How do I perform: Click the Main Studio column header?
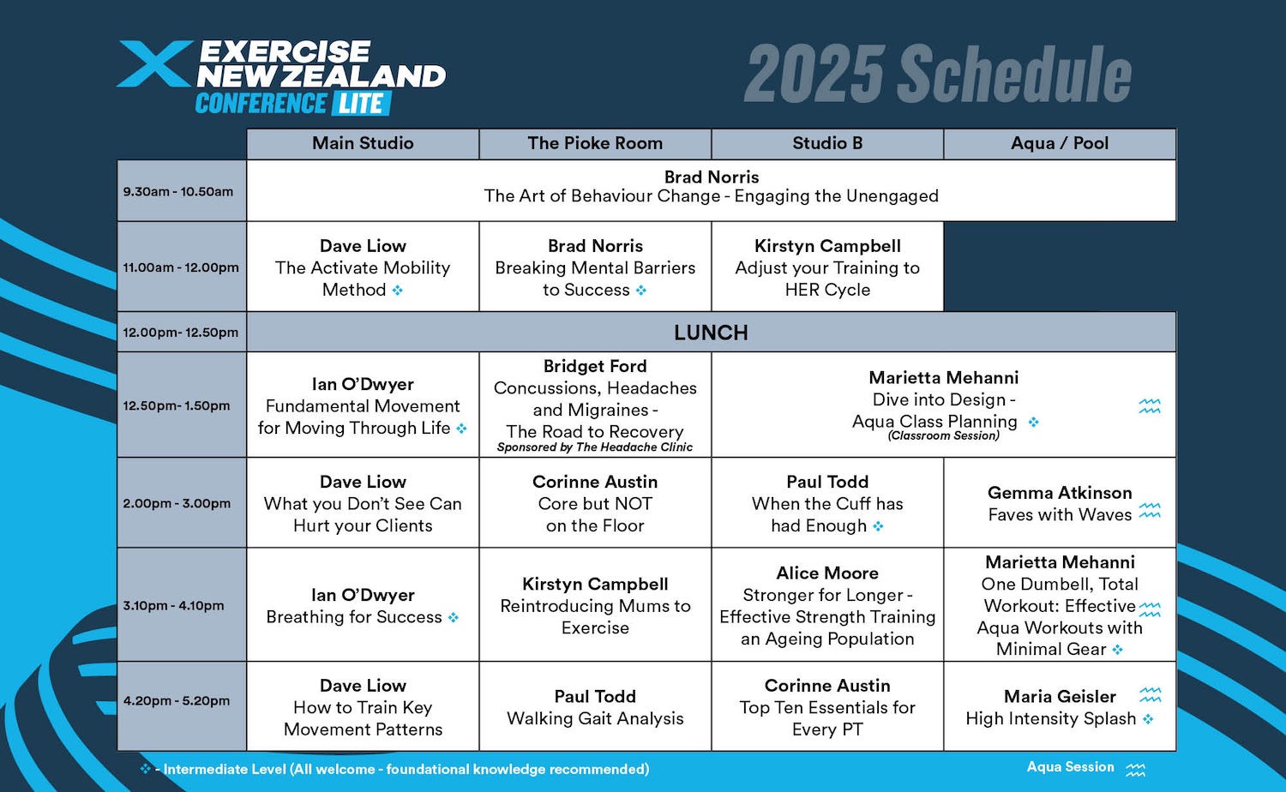363,143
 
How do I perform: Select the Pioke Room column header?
595,143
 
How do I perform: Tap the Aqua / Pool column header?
1059,143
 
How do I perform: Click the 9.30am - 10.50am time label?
178,191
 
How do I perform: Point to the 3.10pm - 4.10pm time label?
173,605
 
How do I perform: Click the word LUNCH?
711,333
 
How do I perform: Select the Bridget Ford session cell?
595,405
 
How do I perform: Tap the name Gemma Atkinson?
1059,492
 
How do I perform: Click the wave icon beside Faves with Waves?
1150,510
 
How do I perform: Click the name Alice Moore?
827,573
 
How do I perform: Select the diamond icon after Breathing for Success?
453,617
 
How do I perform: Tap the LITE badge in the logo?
361,104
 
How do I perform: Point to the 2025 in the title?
814,74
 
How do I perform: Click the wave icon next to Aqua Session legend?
1135,770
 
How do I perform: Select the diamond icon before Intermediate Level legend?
146,768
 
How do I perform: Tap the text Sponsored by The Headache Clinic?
595,447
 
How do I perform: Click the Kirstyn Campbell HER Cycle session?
827,267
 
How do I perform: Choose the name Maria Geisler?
1059,696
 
